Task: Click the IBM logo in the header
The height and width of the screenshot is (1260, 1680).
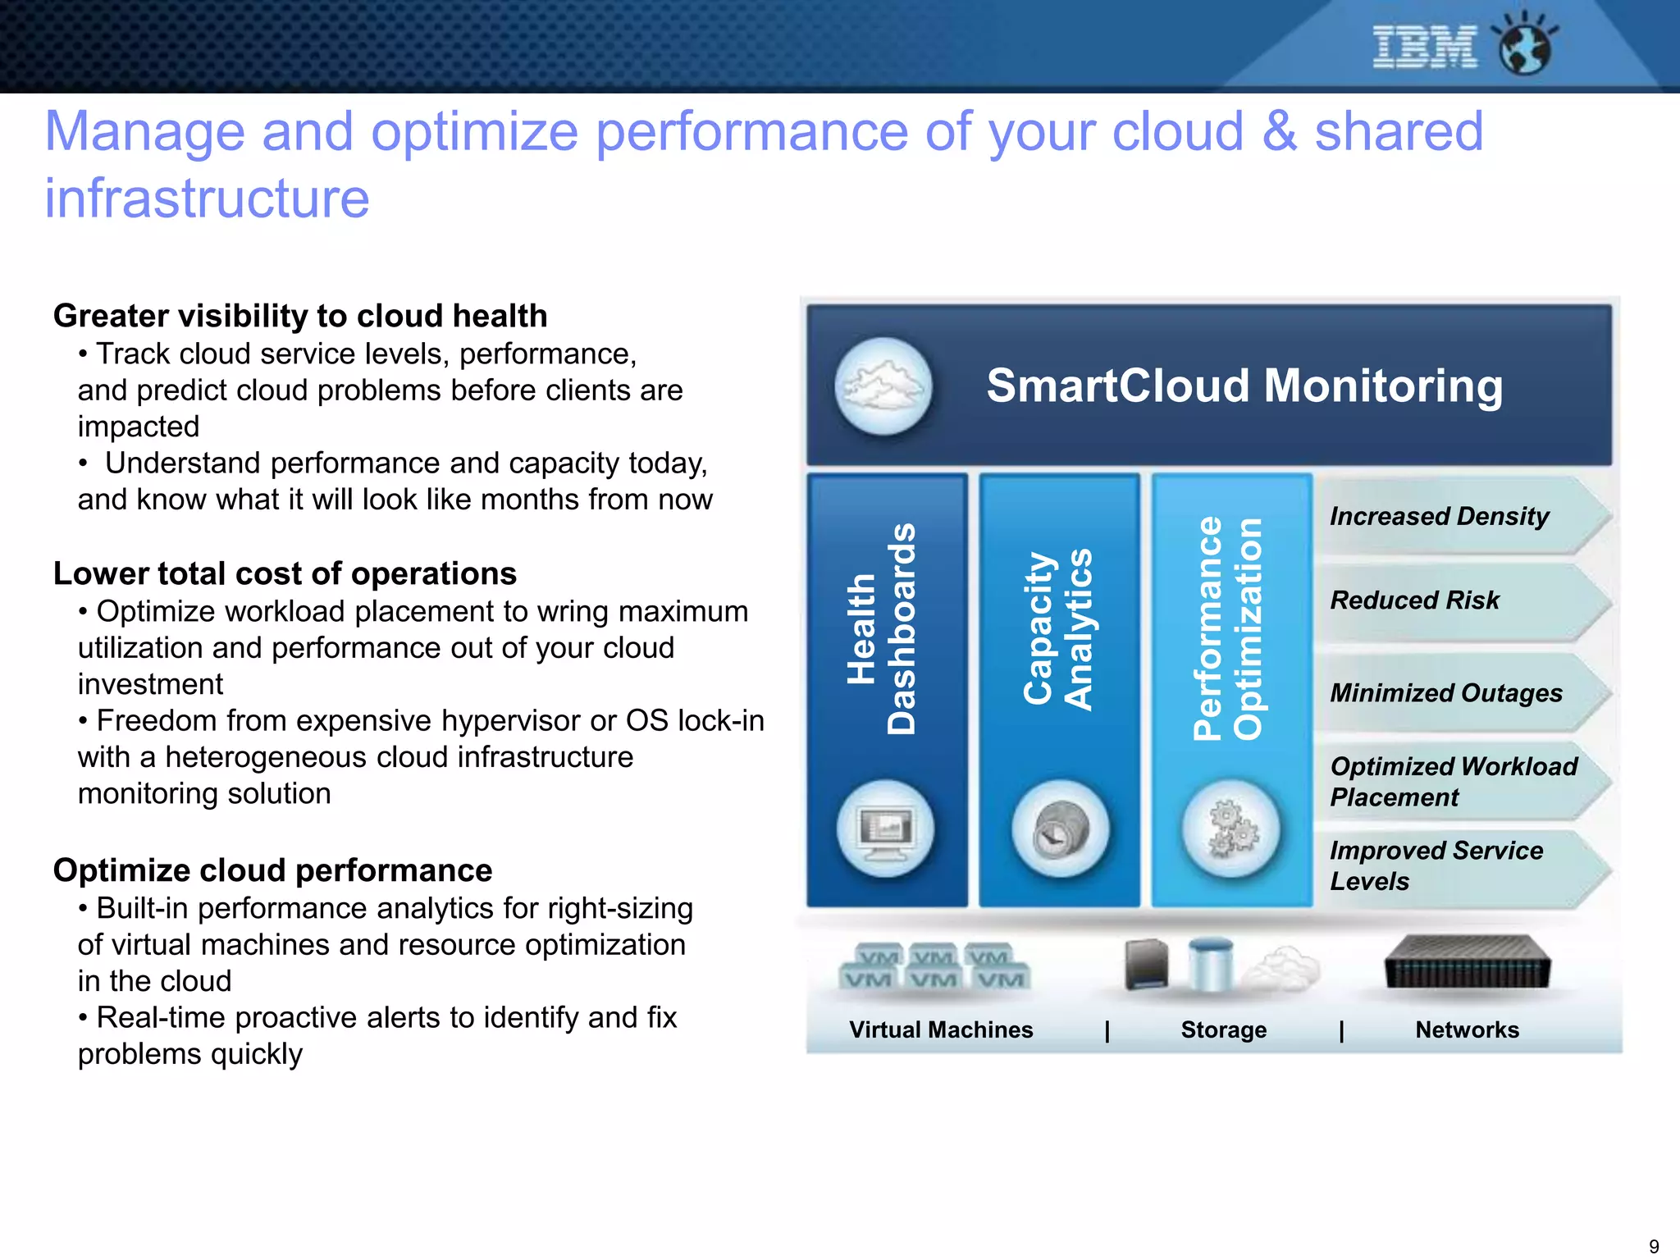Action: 1425,47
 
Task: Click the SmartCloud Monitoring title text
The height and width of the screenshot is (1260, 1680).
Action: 1244,386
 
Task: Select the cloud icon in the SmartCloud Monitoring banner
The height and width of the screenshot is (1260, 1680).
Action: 883,386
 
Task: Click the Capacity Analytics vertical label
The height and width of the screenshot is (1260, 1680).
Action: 1058,628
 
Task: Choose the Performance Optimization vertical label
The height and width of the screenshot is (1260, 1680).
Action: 1228,628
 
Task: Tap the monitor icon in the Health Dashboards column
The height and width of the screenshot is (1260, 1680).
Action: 885,829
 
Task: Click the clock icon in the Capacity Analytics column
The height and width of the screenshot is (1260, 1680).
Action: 1060,829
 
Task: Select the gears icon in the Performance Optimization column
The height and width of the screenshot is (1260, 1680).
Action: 1230,829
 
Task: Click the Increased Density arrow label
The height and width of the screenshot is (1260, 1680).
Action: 1440,517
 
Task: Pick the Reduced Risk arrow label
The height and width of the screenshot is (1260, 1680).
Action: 1415,600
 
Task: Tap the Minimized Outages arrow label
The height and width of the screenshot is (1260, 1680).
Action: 1446,693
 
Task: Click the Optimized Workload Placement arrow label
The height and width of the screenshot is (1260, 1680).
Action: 1453,782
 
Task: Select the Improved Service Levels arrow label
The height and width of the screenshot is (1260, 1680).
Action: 1436,866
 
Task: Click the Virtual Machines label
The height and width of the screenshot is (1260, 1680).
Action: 941,1030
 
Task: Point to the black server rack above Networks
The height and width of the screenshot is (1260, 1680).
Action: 1468,963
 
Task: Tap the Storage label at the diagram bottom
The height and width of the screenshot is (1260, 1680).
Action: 1223,1030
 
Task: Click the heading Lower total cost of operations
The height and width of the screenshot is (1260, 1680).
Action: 285,573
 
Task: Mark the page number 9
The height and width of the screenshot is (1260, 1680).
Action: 1654,1246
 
